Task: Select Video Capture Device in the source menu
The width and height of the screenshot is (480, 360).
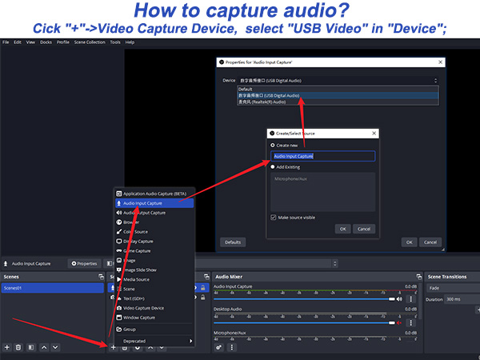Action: [144, 308]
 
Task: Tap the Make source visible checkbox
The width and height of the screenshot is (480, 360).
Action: [274, 217]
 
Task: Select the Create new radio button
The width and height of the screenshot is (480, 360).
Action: [272, 146]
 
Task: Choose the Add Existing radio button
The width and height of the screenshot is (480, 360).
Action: [272, 167]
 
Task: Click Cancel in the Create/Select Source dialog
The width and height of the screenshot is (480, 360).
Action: [364, 229]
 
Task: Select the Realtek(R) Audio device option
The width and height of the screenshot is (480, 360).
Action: [264, 102]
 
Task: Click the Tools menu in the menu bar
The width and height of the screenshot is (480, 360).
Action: [115, 42]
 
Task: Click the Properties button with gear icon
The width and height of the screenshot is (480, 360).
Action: [84, 263]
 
